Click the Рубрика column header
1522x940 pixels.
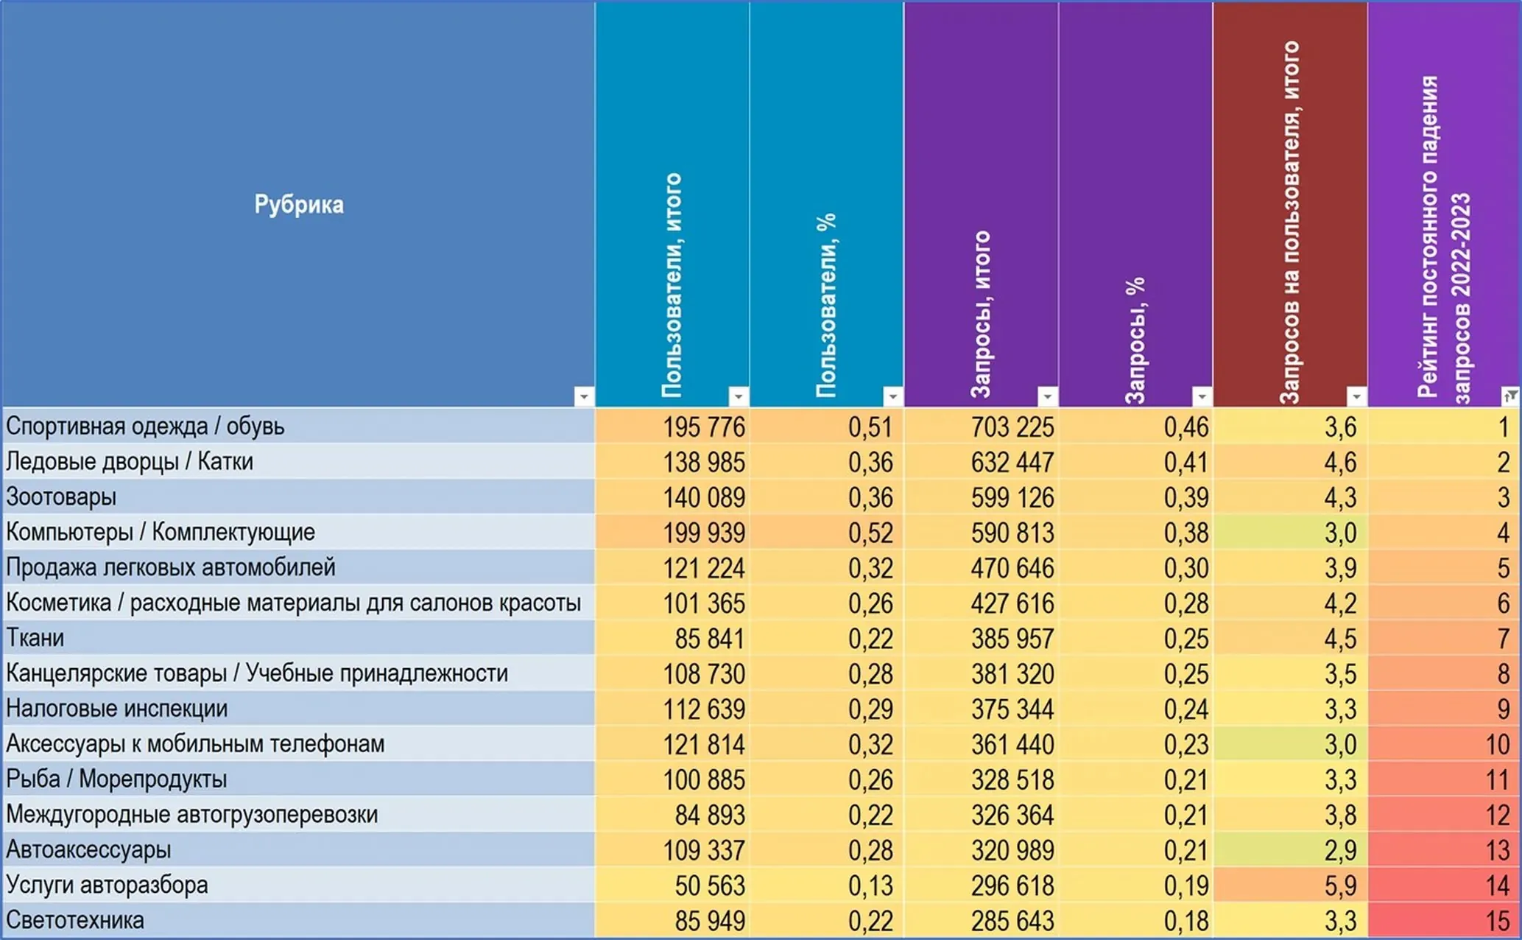[x=298, y=204]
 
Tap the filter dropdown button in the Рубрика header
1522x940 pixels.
[x=583, y=396]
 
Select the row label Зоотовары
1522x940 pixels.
[x=61, y=497]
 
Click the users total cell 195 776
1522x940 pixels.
[x=704, y=427]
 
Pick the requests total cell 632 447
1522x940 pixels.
[x=1012, y=462]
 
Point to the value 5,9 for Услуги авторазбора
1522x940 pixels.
[x=1340, y=885]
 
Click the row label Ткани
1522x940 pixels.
[x=35, y=638]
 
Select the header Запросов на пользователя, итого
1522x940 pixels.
[x=1290, y=222]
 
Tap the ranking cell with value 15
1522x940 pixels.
[x=1498, y=921]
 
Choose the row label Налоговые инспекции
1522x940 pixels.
[x=117, y=709]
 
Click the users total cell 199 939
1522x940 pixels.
[x=704, y=533]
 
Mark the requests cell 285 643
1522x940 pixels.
[x=1012, y=921]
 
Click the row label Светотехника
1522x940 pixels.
[x=75, y=920]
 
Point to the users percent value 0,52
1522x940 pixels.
[x=870, y=533]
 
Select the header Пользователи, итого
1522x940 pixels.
[x=672, y=286]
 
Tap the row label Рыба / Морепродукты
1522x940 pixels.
[x=116, y=779]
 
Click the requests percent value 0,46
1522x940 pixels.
[x=1186, y=427]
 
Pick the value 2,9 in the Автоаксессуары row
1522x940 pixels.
[x=1340, y=850]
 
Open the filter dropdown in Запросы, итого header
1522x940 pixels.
[x=1046, y=396]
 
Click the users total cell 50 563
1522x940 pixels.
[x=710, y=885]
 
